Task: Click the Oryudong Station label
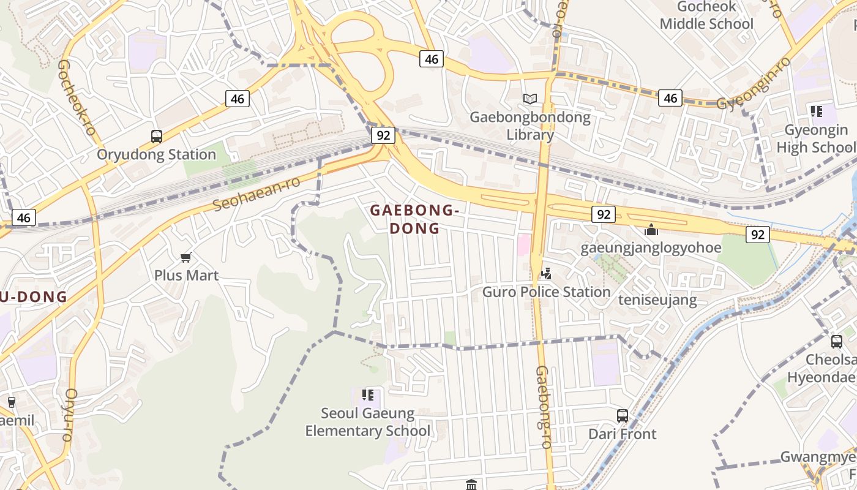pos(157,154)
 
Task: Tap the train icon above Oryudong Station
pos(157,136)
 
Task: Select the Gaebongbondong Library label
pos(530,126)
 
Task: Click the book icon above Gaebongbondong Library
pos(530,99)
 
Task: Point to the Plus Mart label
pos(186,275)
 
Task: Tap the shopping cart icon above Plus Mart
pos(186,257)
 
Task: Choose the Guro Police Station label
pos(546,292)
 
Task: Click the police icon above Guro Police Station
pos(546,274)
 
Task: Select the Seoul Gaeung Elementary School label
pos(367,422)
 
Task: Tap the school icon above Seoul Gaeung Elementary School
pos(367,395)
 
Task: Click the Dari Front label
pos(622,434)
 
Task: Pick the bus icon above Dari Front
pos(623,416)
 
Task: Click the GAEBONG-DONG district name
pos(414,219)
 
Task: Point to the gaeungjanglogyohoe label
pos(651,248)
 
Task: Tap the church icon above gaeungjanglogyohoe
pos(651,230)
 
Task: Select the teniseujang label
pos(657,300)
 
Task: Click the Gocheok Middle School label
pos(706,16)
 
